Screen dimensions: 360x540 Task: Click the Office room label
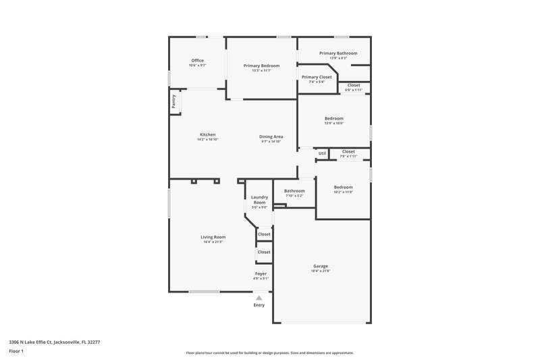(196, 61)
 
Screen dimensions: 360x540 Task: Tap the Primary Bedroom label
(261, 66)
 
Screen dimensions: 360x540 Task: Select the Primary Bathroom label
(338, 53)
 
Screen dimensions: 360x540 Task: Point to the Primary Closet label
(317, 77)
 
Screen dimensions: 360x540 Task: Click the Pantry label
(173, 101)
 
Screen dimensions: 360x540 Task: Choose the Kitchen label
(207, 134)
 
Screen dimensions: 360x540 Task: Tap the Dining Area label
(271, 136)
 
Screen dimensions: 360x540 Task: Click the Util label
(323, 153)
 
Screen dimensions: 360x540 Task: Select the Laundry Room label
(260, 200)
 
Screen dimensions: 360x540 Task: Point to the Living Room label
(213, 237)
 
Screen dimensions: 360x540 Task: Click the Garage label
(321, 266)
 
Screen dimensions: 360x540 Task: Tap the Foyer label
(261, 274)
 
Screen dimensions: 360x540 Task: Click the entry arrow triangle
(259, 297)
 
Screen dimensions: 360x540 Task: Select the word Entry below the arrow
(259, 305)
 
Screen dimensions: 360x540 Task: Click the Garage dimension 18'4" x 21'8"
(321, 271)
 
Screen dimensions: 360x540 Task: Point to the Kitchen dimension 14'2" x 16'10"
(207, 140)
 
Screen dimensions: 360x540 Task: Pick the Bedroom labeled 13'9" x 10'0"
(334, 118)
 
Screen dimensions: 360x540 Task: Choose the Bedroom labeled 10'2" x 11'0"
(343, 187)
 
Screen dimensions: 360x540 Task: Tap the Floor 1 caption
(17, 352)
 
